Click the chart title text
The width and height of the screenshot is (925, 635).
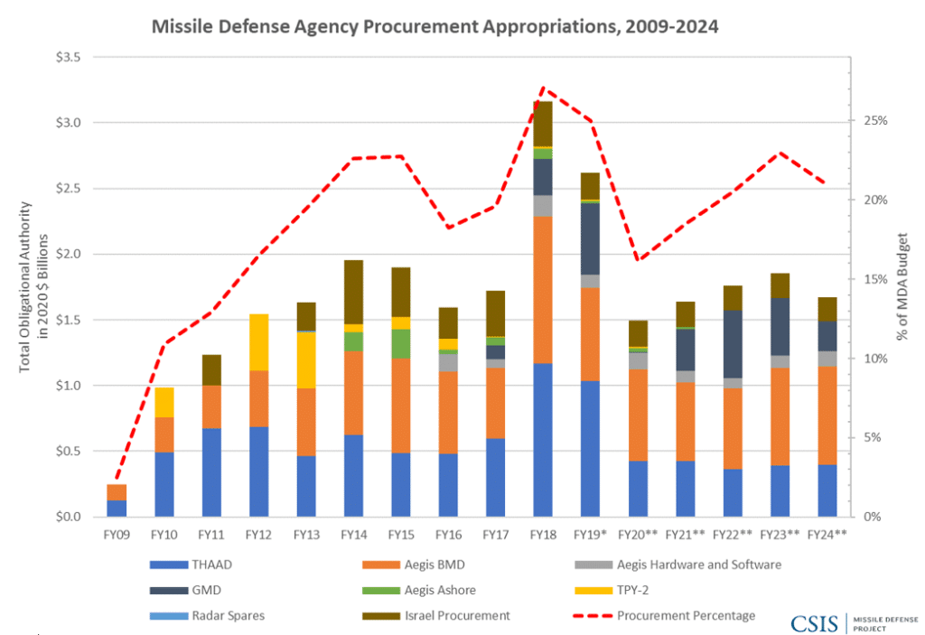pos(434,26)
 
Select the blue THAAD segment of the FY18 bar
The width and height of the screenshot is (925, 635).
pos(544,440)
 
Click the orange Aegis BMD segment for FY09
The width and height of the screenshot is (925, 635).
pos(117,492)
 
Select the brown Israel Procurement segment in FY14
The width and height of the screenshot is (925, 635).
pos(354,292)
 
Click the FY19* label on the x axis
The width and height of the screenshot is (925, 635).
pos(591,535)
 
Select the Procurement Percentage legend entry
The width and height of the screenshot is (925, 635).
pos(687,615)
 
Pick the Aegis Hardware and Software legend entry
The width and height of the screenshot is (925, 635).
pos(699,565)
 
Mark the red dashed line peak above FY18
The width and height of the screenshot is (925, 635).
pos(544,89)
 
